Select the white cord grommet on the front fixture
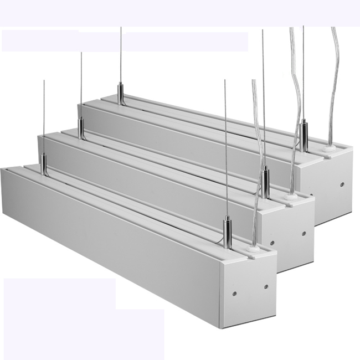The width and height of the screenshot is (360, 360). tap(253, 249)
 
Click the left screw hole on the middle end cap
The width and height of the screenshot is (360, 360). tap(272, 242)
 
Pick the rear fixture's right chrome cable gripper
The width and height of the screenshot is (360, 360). tap(303, 131)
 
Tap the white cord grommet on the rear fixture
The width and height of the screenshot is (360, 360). tap(329, 148)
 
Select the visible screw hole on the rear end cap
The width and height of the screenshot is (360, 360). tap(342, 183)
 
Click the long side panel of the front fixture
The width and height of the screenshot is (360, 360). tap(111, 244)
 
